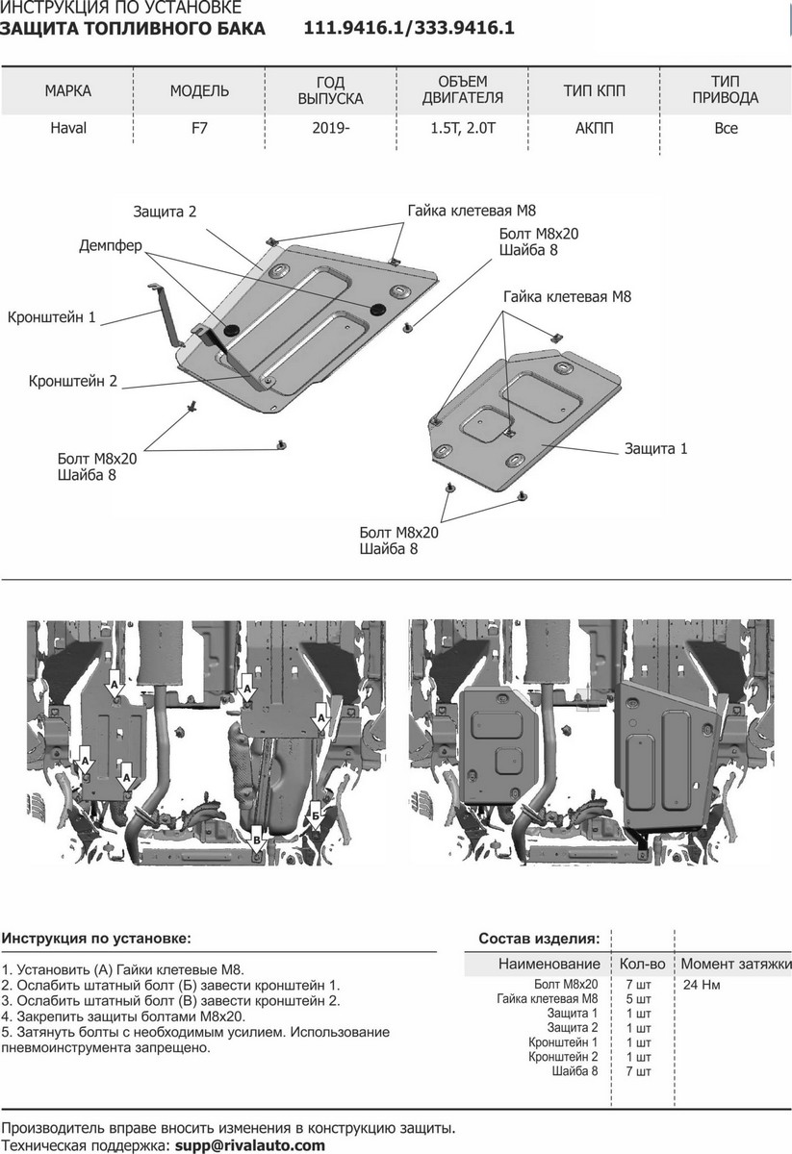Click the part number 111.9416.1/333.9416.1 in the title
click(409, 28)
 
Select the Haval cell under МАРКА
click(68, 128)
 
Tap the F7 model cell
click(199, 128)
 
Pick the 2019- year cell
click(330, 128)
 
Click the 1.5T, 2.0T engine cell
click(463, 128)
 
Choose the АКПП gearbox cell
click(595, 128)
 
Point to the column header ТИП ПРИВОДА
click(726, 89)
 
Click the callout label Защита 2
click(165, 212)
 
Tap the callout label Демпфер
click(111, 246)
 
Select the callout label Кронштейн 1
click(52, 316)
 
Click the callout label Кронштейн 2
click(73, 381)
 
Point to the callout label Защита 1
click(656, 449)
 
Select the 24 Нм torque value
click(702, 985)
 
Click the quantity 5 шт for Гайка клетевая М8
click(638, 999)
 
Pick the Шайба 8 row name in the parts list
click(575, 1071)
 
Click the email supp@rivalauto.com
click(249, 1145)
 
